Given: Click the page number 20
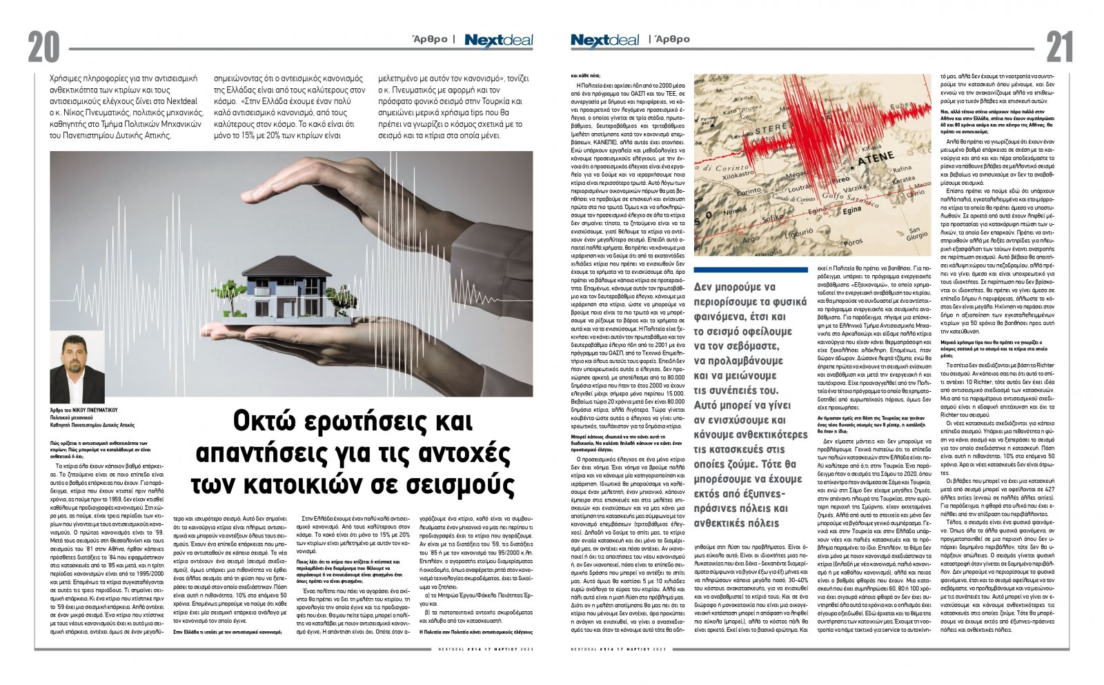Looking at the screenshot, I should pos(44,47).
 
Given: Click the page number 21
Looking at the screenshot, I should pos(1059,47).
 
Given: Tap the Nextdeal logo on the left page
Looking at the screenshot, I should pos(498,40).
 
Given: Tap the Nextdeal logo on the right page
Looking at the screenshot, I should pos(604,40).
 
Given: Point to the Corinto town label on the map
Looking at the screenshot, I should pos(749,192).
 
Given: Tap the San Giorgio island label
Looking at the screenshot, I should pos(917,234).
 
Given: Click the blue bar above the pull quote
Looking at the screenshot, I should pos(751,270).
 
